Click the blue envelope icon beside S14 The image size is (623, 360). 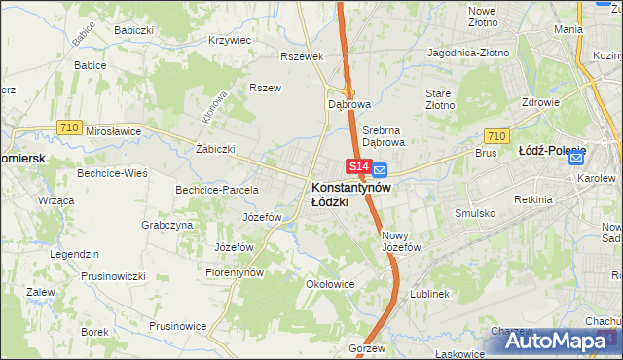381,169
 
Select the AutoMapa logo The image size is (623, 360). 566,342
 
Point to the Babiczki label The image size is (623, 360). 133,30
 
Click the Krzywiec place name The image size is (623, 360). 231,41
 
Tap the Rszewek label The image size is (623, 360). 301,56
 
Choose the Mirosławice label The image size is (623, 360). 114,130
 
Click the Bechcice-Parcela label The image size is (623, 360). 216,190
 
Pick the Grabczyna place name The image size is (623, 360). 165,224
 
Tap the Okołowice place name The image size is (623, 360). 329,285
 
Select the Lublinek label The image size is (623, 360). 429,293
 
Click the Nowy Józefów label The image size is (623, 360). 401,241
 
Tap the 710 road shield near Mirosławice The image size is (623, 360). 68,126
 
